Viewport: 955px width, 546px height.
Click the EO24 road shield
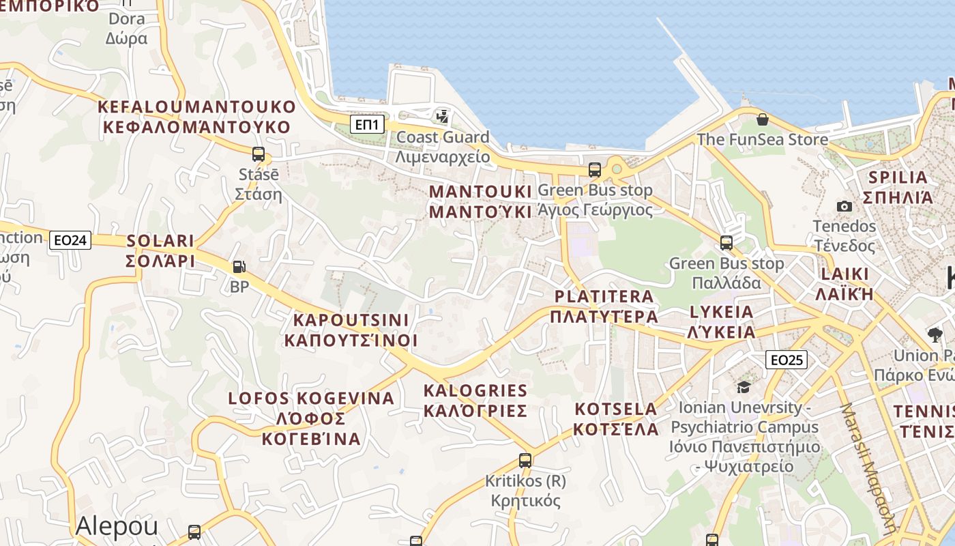click(x=70, y=240)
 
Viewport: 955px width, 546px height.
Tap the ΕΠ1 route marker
click(x=368, y=124)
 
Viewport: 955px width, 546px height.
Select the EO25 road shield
click(x=786, y=360)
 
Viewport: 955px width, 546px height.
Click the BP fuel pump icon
click(x=239, y=267)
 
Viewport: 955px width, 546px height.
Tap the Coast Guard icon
click(x=443, y=117)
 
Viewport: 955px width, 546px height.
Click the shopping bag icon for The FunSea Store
click(x=762, y=120)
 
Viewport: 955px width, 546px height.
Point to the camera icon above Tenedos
click(x=844, y=206)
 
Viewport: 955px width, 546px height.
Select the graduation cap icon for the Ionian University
click(x=743, y=387)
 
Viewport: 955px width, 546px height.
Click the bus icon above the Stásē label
click(x=258, y=154)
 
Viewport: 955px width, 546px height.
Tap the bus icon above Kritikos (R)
click(x=525, y=461)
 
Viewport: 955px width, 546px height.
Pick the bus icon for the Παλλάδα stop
click(x=726, y=243)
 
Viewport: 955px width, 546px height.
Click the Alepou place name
click(x=117, y=526)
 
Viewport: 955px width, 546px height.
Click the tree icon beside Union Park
click(x=935, y=334)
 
